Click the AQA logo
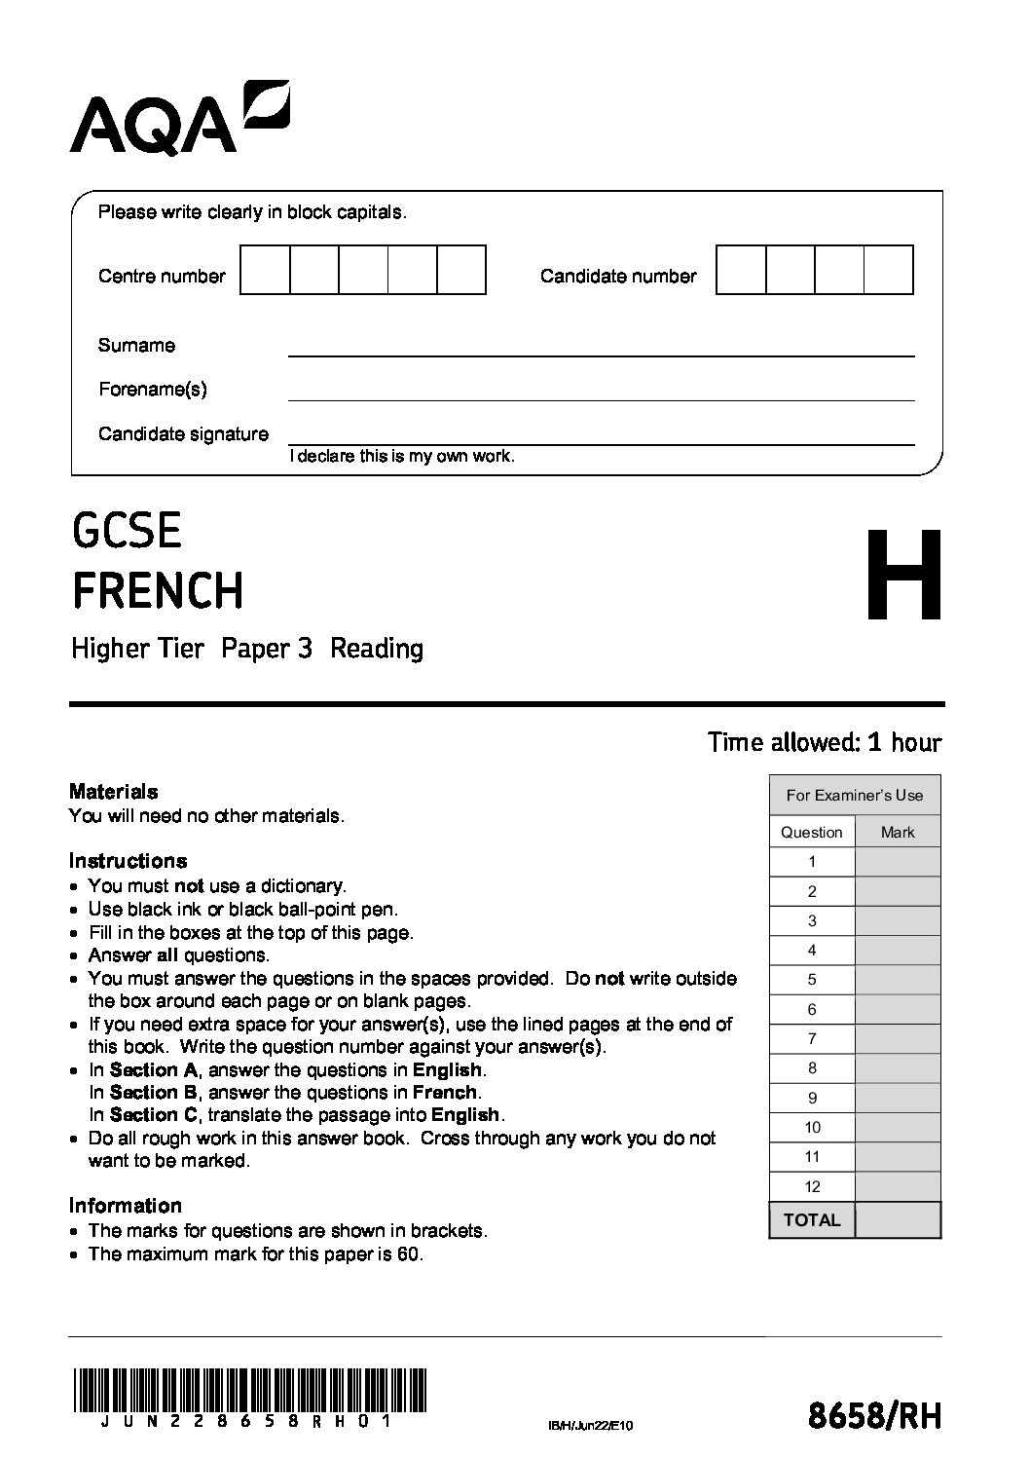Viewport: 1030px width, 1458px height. point(179,118)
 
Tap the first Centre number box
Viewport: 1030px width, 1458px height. point(265,271)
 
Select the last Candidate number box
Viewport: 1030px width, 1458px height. point(888,271)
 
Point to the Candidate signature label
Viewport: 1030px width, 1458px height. point(183,434)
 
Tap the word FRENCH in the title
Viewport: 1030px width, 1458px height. point(158,590)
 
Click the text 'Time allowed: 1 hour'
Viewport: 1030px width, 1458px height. point(825,742)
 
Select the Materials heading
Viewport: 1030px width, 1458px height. point(113,792)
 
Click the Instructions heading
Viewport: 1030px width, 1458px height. point(128,861)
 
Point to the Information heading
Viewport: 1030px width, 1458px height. point(125,1206)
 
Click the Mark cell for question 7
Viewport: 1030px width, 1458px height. point(898,1039)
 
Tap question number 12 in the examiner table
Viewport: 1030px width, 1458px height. point(812,1186)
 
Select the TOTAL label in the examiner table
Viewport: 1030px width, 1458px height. point(812,1219)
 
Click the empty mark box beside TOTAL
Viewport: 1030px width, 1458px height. point(898,1219)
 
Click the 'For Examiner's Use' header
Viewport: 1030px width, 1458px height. point(855,796)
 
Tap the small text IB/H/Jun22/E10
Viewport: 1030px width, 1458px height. point(590,1427)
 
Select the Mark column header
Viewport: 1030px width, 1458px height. point(898,832)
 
